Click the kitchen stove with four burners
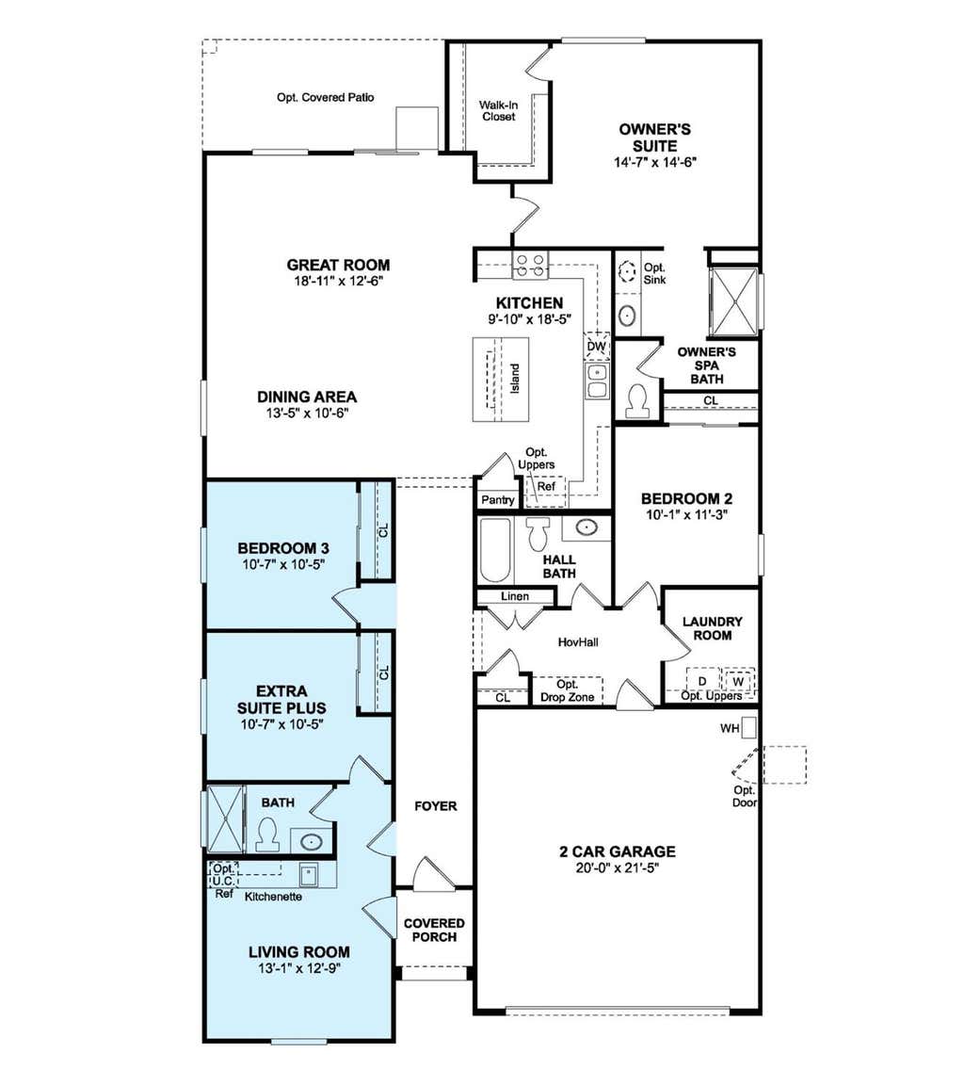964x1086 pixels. click(x=530, y=266)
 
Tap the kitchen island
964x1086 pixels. click(x=501, y=380)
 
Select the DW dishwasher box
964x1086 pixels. click(x=597, y=347)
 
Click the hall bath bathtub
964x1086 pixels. click(x=495, y=551)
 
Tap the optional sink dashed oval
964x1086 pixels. click(x=627, y=272)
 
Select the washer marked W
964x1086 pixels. click(x=738, y=681)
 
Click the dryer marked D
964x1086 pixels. click(x=702, y=681)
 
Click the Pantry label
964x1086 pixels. click(x=498, y=500)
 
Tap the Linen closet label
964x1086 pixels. click(x=515, y=596)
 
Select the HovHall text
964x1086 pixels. click(x=578, y=642)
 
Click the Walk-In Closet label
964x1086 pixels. click(x=498, y=111)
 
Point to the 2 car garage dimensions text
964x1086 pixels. click(x=618, y=868)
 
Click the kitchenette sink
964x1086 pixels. click(x=308, y=874)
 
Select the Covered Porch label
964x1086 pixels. click(x=435, y=931)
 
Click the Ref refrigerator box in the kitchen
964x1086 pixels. click(x=546, y=487)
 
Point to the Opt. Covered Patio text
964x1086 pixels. click(x=325, y=98)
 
